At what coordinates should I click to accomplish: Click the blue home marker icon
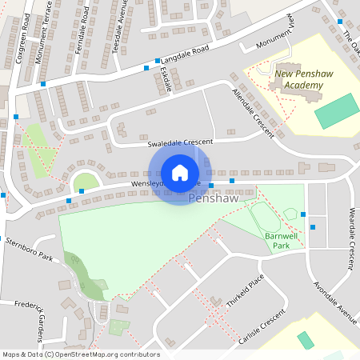pyautogui.click(x=179, y=172)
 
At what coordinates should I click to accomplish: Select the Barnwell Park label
pyautogui.click(x=277, y=241)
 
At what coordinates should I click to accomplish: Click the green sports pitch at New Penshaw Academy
pyautogui.click(x=337, y=111)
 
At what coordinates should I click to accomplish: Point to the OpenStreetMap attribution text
pyautogui.click(x=80, y=354)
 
